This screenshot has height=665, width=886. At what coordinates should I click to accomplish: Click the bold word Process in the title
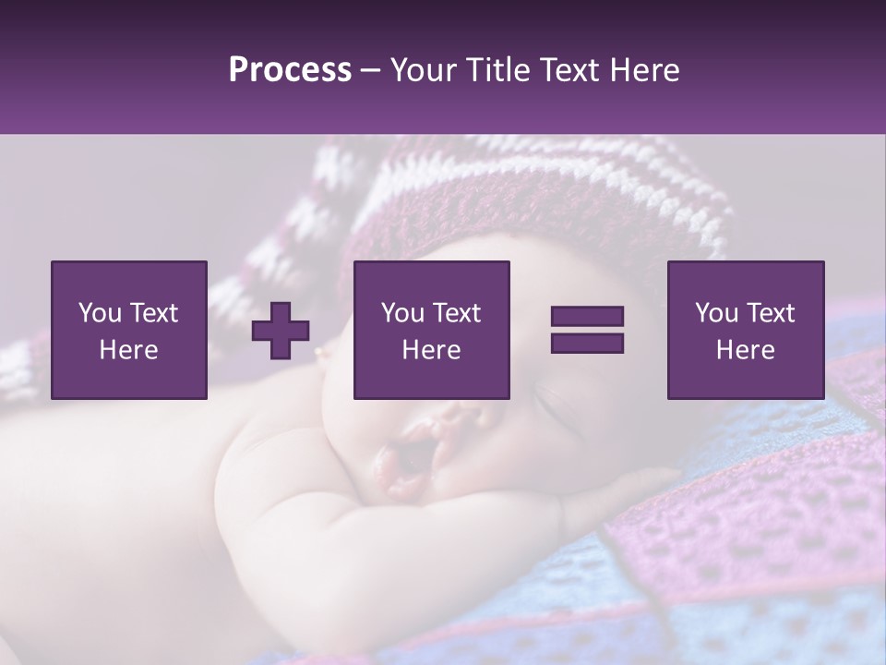[x=290, y=70]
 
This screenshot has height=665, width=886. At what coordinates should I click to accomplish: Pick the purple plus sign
[x=281, y=331]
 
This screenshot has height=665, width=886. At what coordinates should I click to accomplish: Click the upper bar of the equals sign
[x=587, y=317]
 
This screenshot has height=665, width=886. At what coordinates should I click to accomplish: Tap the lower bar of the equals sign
[x=587, y=343]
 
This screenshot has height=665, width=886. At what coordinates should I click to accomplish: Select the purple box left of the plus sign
[x=129, y=330]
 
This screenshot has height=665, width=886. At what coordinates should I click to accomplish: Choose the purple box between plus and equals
[x=431, y=330]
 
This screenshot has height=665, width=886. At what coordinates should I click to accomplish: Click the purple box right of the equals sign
[x=745, y=330]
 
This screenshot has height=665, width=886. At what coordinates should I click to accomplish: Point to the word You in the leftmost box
[x=100, y=313]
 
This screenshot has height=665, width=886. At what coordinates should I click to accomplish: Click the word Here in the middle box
[x=431, y=350]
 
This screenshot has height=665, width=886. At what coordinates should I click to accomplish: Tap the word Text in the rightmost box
[x=770, y=313]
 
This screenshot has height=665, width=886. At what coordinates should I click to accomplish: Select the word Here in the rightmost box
[x=745, y=350]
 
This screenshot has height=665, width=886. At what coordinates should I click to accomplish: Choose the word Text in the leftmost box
[x=153, y=313]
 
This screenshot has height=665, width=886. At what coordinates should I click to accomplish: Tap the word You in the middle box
[x=402, y=313]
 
